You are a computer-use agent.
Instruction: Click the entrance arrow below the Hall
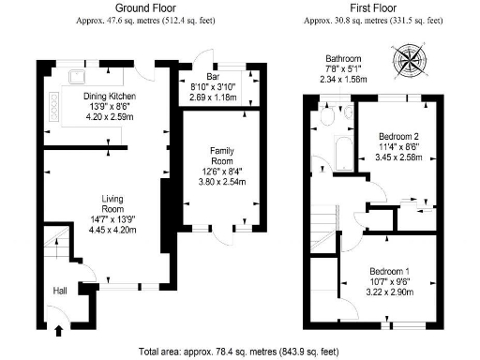click(60, 329)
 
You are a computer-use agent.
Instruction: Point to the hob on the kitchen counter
click(54, 114)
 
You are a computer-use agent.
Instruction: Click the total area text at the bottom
click(239, 352)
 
